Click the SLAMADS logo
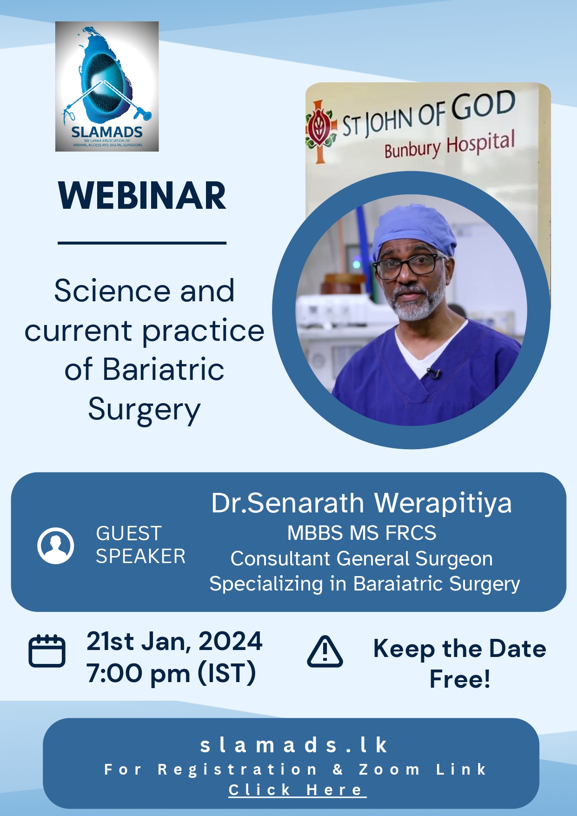107,86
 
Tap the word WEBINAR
142,196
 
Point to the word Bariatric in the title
163,370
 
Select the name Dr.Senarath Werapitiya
361,503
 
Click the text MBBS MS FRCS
362,533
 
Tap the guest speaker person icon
56,545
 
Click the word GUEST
129,533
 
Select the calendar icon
47,651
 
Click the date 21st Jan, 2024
174,642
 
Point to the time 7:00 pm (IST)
171,673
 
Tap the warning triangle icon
325,651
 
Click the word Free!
460,679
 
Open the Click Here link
298,790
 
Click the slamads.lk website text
294,745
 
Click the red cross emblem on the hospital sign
320,132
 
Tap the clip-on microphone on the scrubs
434,373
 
